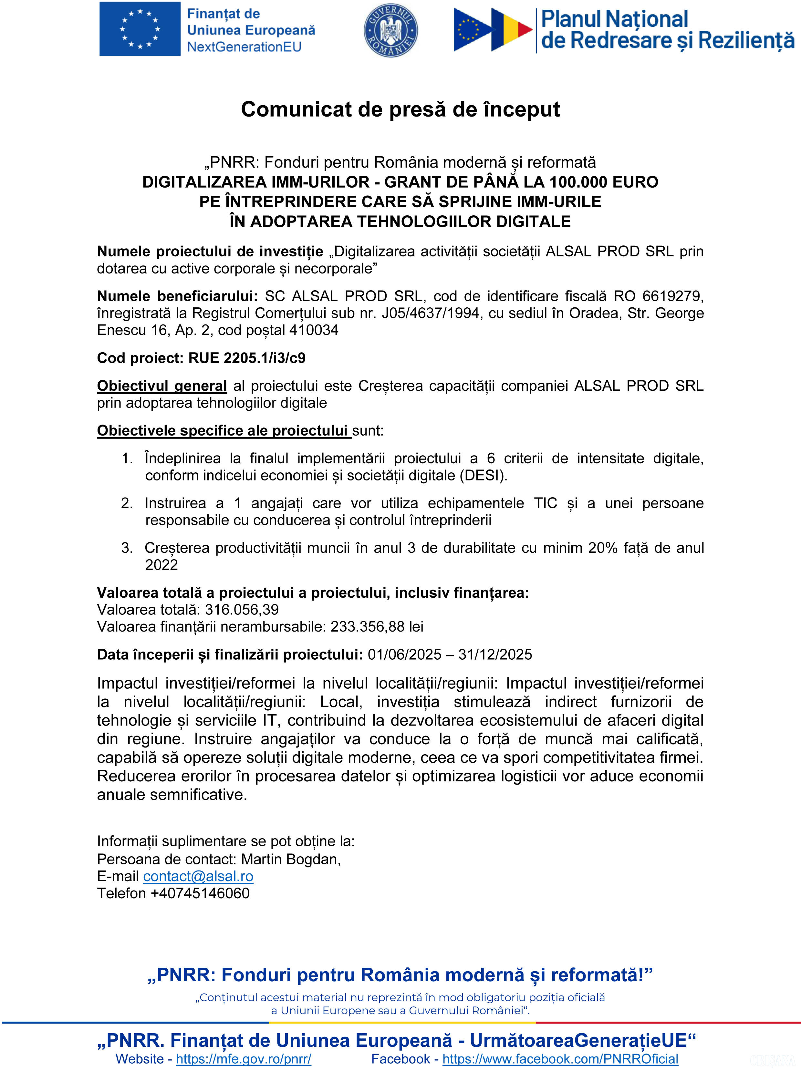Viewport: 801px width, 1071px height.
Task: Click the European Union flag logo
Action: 140,29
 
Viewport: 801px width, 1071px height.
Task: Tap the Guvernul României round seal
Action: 390,30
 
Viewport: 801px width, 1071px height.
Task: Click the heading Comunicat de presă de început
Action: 400,109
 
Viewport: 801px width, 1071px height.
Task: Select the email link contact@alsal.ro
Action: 198,876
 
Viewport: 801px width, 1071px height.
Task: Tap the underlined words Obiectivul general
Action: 162,386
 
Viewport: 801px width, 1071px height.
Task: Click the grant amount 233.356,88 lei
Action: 377,626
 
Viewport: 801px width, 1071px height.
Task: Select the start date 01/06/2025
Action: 404,654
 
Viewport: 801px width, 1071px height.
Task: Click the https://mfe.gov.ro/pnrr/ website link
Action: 244,1059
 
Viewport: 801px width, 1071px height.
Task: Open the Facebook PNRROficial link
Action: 560,1059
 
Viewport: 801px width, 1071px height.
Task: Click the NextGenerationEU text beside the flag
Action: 244,47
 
